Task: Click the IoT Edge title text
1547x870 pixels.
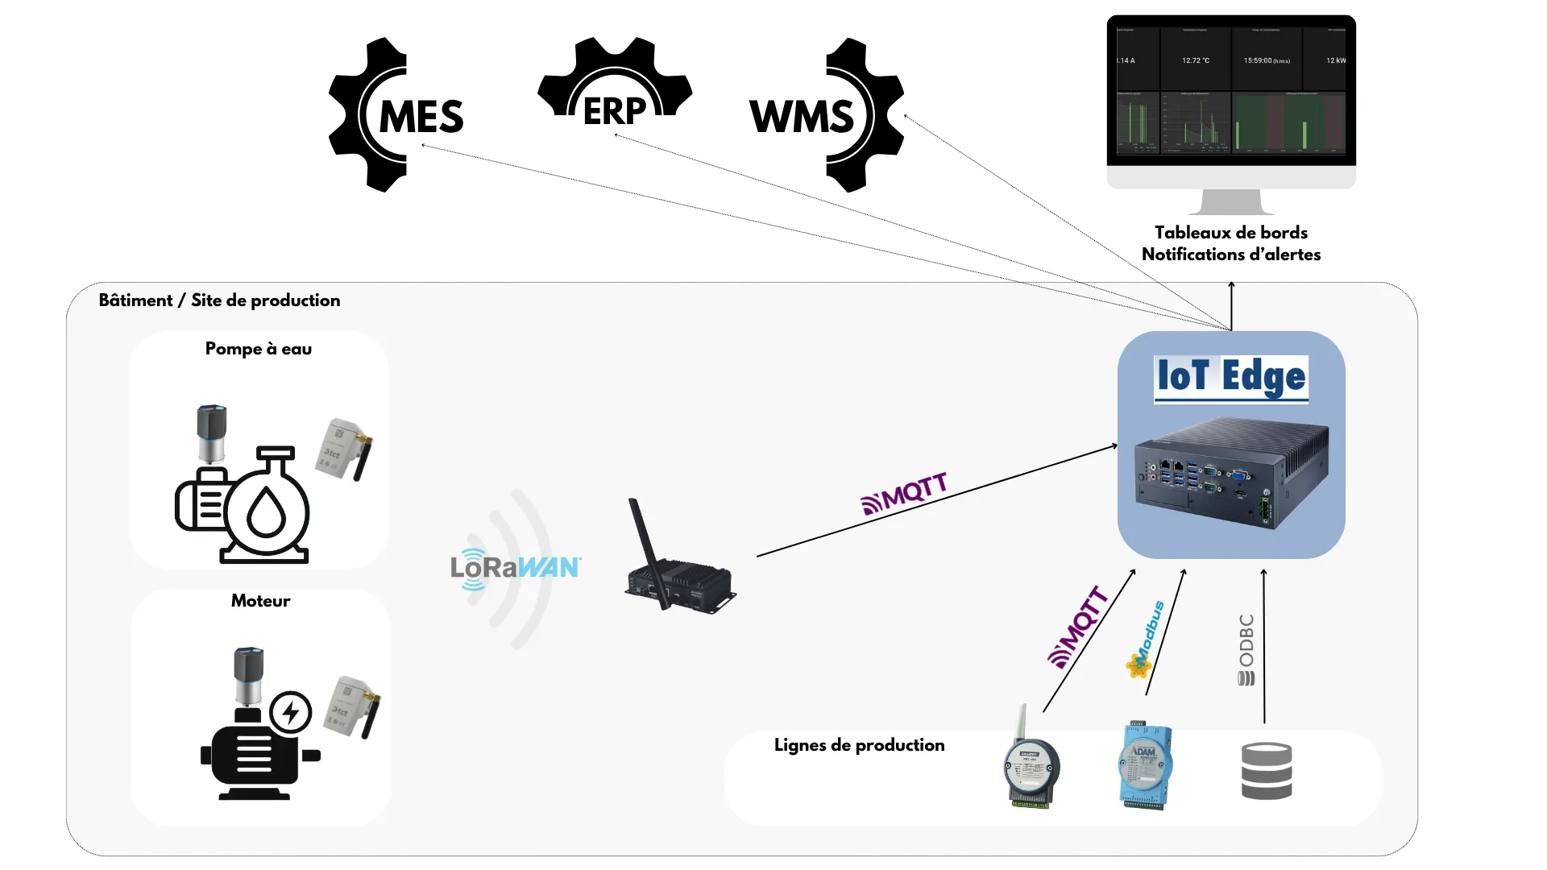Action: click(1230, 377)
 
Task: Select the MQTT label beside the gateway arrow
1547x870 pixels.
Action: click(904, 494)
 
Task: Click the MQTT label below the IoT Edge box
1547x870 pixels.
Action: click(1078, 628)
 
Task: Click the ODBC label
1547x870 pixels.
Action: click(1246, 649)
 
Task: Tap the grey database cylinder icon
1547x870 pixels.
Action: click(1267, 771)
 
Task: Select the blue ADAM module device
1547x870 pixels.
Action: click(1145, 765)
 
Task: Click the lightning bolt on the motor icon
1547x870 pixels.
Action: click(290, 712)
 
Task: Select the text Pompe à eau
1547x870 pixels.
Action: click(258, 349)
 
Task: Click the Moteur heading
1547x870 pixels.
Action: click(260, 601)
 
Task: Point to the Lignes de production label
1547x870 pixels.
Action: click(859, 745)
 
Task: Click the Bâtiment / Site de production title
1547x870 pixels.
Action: click(219, 300)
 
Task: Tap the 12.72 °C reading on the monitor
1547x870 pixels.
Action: click(1195, 60)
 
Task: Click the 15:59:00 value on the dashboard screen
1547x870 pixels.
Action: click(1266, 60)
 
